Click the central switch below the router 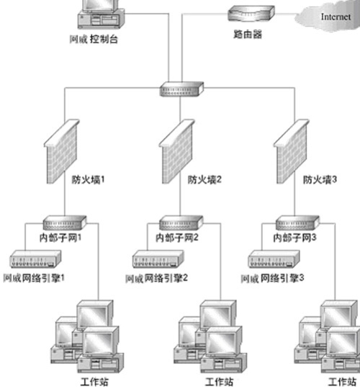[177, 89]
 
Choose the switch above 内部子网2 [177, 223]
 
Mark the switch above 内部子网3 [294, 223]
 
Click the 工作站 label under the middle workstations [219, 382]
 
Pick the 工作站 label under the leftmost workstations [97, 382]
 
